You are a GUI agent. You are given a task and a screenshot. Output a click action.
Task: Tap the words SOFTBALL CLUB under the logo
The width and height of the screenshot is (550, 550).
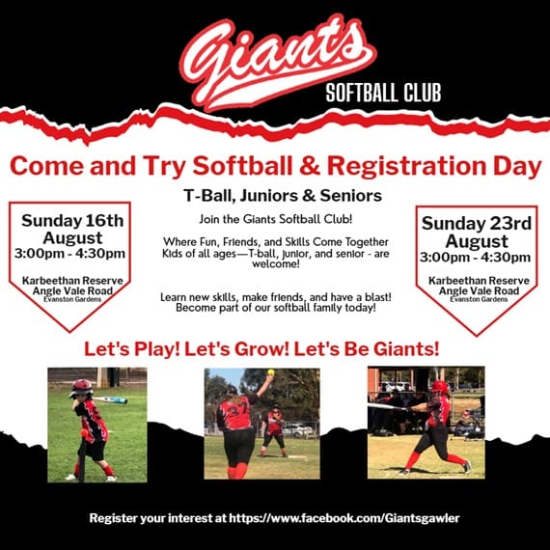click(x=383, y=93)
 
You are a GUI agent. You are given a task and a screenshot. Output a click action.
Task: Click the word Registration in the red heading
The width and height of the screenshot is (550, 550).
click(x=407, y=166)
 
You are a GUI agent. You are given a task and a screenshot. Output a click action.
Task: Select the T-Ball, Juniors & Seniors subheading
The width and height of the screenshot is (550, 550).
click(x=283, y=196)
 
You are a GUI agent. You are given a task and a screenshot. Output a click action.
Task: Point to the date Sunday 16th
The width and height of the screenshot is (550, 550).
click(x=72, y=221)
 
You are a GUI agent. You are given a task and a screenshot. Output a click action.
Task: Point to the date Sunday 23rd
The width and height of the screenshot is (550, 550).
click(x=477, y=224)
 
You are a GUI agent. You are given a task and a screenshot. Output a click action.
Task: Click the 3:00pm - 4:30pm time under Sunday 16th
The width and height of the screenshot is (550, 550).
click(x=69, y=253)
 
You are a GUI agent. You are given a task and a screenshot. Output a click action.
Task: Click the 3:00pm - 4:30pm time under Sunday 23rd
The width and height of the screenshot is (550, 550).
click(x=476, y=257)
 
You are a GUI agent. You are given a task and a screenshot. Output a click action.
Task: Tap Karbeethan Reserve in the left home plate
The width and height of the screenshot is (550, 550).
click(x=72, y=281)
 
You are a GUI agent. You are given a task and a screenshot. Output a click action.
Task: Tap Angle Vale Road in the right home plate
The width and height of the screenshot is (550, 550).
click(x=479, y=290)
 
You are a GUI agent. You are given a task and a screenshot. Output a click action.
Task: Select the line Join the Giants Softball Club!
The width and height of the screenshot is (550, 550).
click(x=276, y=219)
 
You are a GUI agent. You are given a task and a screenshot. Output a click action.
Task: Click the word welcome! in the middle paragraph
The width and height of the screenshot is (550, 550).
click(x=276, y=263)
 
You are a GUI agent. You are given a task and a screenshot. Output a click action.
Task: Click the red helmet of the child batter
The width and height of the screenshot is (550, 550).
click(x=81, y=387)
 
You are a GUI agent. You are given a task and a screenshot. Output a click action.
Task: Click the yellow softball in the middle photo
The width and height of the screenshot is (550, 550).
click(x=270, y=371)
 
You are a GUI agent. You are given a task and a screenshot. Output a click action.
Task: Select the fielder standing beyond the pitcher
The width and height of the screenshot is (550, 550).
click(x=274, y=430)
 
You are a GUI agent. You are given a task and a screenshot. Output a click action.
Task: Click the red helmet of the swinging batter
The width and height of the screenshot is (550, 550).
click(x=440, y=387)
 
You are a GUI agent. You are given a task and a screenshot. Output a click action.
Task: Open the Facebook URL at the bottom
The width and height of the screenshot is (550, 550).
click(x=344, y=518)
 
